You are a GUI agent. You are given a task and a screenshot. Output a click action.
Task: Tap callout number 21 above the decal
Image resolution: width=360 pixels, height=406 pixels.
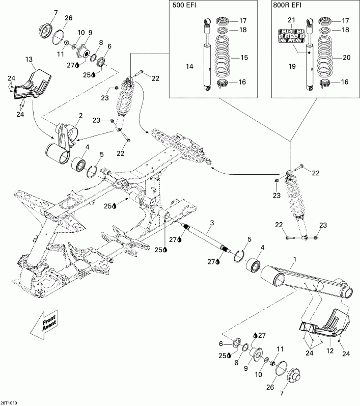tap(292, 20)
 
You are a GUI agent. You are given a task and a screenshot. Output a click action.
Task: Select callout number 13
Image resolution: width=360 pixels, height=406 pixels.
tap(30, 59)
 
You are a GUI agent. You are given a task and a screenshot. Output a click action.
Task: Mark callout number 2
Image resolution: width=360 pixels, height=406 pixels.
tap(80, 116)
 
